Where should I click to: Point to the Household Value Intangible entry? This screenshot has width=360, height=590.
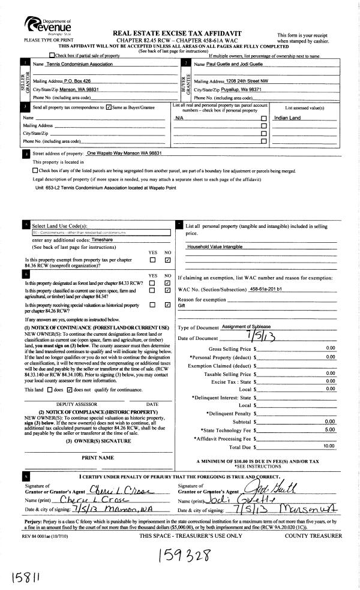(215, 246)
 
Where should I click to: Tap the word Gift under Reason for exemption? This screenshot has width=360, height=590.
(182, 305)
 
